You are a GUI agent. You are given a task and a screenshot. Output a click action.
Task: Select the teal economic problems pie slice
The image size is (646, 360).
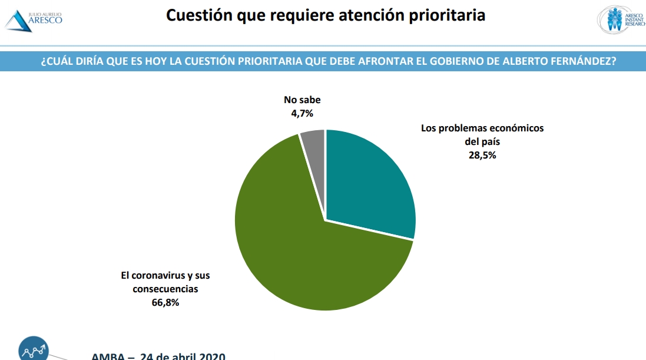[x=371, y=183]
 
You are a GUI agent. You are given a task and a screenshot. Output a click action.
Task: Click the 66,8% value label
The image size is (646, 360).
[x=165, y=303]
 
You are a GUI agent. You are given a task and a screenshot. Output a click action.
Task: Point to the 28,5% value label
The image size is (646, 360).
[x=482, y=156]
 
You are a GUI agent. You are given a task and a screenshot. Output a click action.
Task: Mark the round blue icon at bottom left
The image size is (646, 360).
[x=34, y=349]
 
